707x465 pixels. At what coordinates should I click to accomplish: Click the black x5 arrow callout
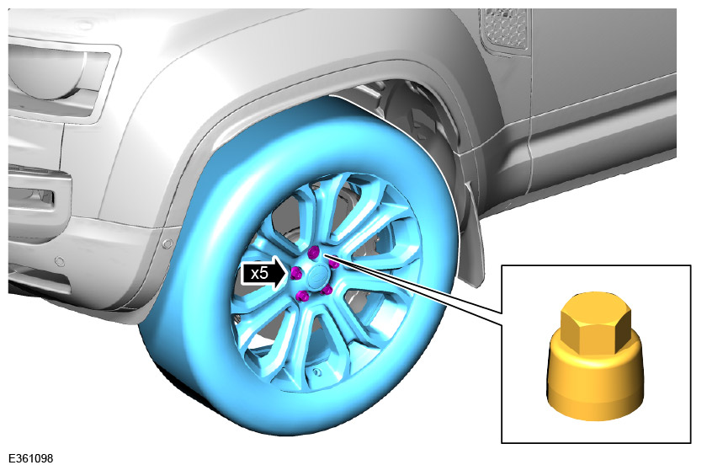[x=264, y=274]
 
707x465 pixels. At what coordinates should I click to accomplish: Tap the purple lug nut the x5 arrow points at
[x=295, y=273]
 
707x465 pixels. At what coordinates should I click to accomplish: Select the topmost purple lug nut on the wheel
[x=314, y=252]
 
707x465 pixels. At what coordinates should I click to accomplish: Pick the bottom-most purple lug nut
[x=302, y=296]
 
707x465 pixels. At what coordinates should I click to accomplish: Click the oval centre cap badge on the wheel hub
[x=317, y=275]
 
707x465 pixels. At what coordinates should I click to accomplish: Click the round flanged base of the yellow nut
[x=596, y=384]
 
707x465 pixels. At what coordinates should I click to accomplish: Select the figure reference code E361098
[x=30, y=457]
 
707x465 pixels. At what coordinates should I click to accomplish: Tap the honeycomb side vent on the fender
[x=504, y=28]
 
